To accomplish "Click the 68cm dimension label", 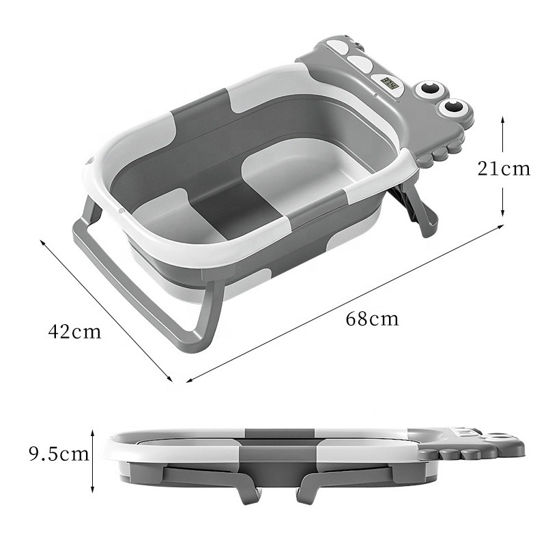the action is [x=372, y=319].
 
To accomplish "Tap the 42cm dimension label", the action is [x=74, y=331].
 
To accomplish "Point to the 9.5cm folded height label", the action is [x=59, y=455].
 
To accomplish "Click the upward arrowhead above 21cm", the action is [x=502, y=120].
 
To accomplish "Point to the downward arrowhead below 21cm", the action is [x=502, y=212].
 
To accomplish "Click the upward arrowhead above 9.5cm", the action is [x=92, y=433].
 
